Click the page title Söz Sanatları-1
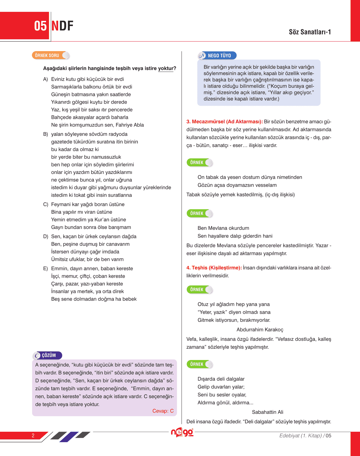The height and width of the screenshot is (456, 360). tap(310, 32)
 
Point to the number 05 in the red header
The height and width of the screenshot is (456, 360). tap(40, 26)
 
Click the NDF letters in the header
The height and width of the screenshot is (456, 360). tap(62, 26)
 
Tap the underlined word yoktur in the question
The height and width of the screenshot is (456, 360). tap(165, 68)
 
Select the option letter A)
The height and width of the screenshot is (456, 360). tap(45, 79)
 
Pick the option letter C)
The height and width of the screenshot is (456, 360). tap(45, 204)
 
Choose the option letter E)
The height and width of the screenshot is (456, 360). tap(45, 269)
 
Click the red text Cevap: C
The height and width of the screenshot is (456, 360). tap(163, 411)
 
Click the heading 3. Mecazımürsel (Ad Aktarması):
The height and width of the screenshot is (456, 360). tap(224, 122)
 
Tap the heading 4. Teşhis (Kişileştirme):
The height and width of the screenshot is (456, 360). tap(214, 268)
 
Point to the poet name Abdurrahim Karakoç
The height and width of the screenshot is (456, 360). tap(260, 330)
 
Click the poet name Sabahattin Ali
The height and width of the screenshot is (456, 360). tap(267, 412)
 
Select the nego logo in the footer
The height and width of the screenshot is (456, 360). tap(182, 432)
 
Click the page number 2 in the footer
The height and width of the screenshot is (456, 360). tap(33, 435)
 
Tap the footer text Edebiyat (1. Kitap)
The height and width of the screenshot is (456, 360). tap(300, 436)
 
